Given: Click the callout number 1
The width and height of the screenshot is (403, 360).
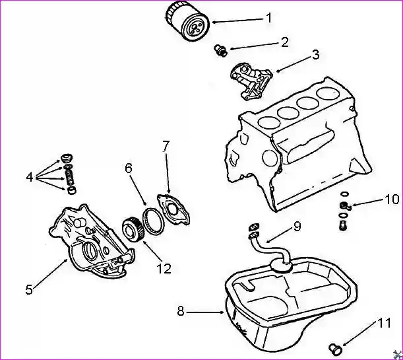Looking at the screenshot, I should [268, 18].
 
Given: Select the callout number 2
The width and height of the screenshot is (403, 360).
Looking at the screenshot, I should [284, 42].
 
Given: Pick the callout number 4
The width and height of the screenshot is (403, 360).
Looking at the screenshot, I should [29, 177].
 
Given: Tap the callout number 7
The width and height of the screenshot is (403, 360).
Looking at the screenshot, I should [166, 145].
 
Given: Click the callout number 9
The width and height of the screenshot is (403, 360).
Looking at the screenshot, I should [297, 227].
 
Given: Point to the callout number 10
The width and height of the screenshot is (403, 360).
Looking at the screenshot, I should [391, 199].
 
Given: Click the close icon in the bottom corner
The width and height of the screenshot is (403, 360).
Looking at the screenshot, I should [396, 353].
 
